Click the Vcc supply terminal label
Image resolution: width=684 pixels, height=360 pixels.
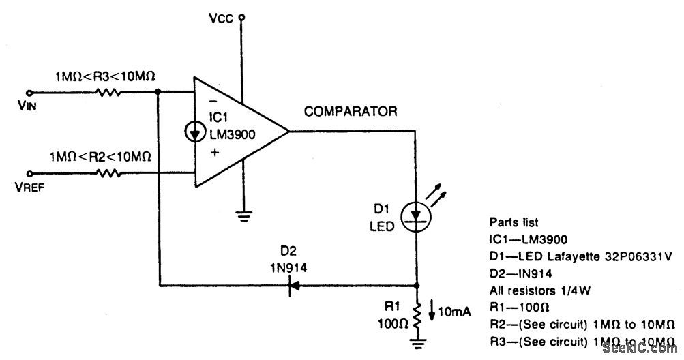point(222,19)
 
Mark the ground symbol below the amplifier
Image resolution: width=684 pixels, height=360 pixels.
point(241,217)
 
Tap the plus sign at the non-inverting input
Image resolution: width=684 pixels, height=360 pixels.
point(215,155)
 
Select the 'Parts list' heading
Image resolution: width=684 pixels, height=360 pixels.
point(514,222)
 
